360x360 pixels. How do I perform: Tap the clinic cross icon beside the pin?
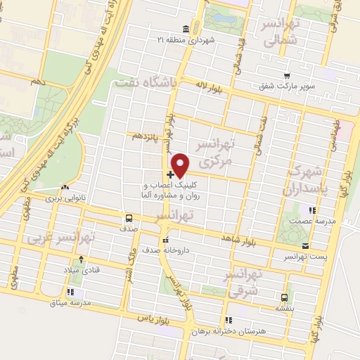coord(171,174)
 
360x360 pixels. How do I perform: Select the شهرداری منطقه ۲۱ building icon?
coord(186,29)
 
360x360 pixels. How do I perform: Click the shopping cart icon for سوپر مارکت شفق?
coord(286,75)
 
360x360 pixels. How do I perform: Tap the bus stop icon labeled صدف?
coord(129,218)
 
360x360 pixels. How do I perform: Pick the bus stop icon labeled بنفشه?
coord(285,297)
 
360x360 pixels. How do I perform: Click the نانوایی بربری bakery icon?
coord(65,188)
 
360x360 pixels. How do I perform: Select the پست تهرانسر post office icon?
coord(305,245)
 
